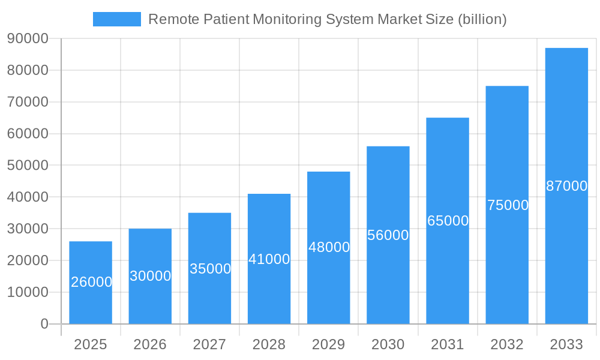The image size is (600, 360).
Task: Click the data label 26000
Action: tap(91, 282)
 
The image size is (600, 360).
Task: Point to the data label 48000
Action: tap(329, 247)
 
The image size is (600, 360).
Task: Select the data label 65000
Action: tap(448, 221)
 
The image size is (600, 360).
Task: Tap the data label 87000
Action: tap(566, 186)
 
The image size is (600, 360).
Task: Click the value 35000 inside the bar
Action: tap(210, 269)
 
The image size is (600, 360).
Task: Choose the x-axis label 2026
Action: tap(150, 344)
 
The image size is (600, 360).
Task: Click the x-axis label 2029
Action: tap(329, 344)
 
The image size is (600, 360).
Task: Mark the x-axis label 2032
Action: tap(507, 344)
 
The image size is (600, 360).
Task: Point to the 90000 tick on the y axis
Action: tap(28, 39)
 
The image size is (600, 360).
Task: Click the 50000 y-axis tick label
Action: tap(28, 166)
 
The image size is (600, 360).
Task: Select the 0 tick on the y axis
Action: tap(44, 324)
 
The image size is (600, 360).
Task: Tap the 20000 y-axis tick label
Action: tap(28, 261)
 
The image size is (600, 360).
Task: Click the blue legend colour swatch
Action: tap(117, 19)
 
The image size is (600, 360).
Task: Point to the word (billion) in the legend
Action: tap(482, 19)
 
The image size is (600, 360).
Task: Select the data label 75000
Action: tap(508, 205)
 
